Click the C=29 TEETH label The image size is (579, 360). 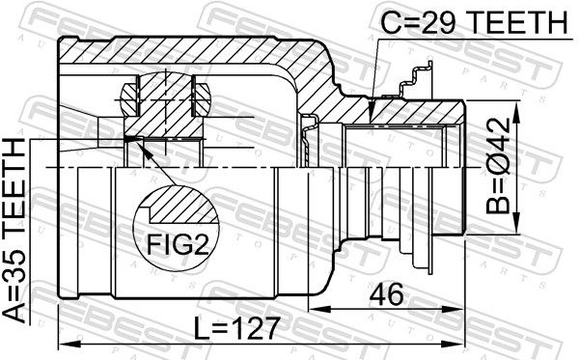pos(474,22)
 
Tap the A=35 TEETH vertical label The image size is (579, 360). pos(14,231)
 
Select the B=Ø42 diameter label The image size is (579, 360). pos(498,166)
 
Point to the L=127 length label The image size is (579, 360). pos(236,328)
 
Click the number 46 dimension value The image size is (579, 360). pos(387,294)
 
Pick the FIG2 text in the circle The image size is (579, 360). pos(178,244)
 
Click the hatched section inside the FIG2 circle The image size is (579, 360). pos(181,205)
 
